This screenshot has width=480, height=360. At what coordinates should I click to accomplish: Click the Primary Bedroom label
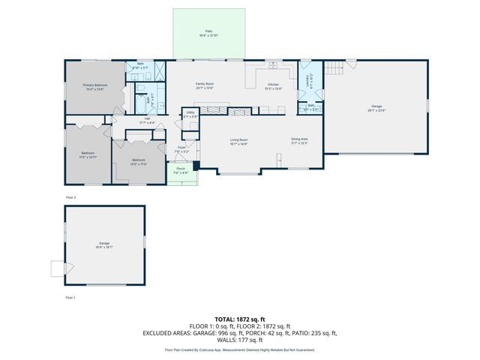point(94,86)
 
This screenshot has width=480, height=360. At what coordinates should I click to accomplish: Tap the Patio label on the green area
point(209,32)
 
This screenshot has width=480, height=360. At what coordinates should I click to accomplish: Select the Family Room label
point(205,85)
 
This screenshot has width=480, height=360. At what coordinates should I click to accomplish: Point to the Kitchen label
point(274,86)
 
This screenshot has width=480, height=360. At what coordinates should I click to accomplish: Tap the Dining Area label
point(300,140)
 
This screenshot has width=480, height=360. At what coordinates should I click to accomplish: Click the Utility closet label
point(190,115)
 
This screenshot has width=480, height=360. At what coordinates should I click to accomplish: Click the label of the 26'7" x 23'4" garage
point(376,108)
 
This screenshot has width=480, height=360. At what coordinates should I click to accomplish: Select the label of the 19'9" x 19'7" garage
point(104,245)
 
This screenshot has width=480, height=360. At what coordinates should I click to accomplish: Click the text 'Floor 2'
point(70,197)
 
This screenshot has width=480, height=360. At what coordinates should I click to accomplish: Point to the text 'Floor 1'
point(70,298)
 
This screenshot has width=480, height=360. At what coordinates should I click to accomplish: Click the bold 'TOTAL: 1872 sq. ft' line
point(240,319)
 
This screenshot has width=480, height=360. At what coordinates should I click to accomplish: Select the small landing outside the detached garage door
point(57,268)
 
